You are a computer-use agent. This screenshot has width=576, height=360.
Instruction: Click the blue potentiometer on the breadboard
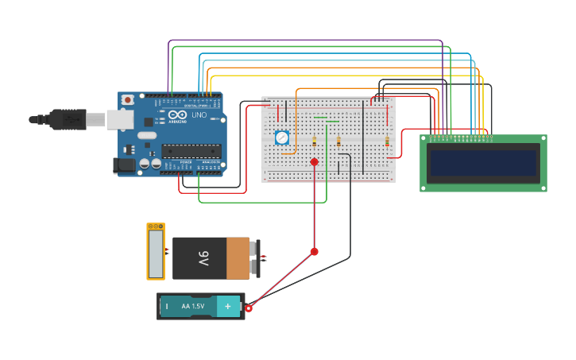tap(281, 137)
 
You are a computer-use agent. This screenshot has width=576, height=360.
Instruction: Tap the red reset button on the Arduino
tap(127, 100)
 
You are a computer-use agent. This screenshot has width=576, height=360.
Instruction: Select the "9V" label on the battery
tap(203, 259)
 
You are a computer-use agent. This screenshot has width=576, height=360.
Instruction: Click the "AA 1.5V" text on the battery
tap(193, 306)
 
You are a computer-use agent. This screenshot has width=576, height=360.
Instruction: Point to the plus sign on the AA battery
tap(228, 306)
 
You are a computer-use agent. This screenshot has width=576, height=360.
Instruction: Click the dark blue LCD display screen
tap(483, 163)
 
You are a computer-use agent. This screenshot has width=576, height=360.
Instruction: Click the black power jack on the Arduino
tap(124, 165)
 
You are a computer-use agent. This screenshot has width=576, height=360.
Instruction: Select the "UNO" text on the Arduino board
tap(199, 115)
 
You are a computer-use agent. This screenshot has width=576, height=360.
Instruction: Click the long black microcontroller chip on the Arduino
tap(191, 150)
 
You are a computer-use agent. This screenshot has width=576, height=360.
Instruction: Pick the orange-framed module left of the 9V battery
tap(156, 252)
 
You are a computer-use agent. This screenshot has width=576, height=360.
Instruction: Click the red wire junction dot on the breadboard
tap(314, 162)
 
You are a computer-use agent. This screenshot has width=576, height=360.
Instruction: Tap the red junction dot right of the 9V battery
tap(314, 251)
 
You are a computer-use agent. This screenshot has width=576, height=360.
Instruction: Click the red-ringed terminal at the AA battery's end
tap(249, 308)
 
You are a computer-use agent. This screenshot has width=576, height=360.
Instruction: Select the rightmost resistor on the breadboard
tap(387, 142)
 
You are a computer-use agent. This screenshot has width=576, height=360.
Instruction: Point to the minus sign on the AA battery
tap(167, 306)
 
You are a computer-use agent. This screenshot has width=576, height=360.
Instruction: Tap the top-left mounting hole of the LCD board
tap(425, 139)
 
